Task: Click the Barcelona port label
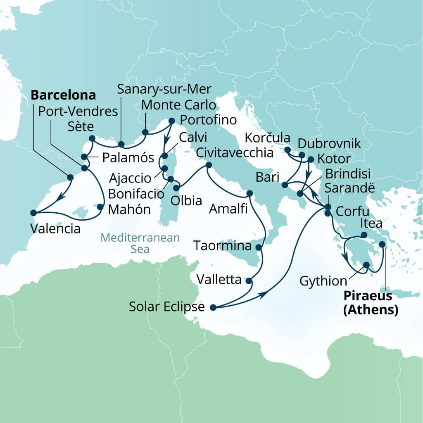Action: [63, 95]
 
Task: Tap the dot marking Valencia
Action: [33, 213]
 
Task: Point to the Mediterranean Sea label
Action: [140, 243]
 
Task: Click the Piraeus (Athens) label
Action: [371, 303]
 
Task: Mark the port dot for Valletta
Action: [249, 281]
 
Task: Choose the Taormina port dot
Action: [259, 248]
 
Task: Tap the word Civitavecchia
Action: [235, 153]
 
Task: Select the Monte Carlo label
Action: [178, 105]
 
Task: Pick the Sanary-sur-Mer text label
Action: [164, 88]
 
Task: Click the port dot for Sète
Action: [92, 138]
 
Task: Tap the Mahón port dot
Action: [100, 207]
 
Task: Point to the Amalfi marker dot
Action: [249, 193]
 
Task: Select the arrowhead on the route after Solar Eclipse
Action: [261, 295]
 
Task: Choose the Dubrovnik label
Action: [329, 143]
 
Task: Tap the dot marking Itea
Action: [364, 235]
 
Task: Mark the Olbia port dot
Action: [176, 188]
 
